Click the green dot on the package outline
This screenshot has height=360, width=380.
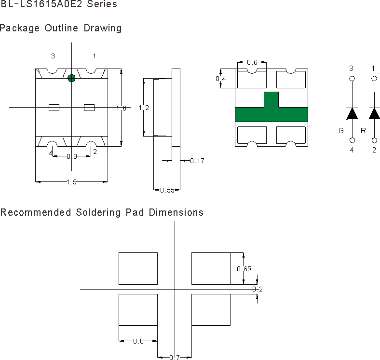71,78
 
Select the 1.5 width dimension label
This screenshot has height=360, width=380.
72,181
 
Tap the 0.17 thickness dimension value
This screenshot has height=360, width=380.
197,161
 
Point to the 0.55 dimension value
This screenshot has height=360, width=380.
166,190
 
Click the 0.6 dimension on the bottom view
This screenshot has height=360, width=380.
252,62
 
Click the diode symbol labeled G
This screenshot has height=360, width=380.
352,113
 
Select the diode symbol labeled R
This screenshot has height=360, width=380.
374,113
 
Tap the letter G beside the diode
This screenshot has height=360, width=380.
341,130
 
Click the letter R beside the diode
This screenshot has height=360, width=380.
363,130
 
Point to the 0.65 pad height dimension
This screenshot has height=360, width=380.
244,268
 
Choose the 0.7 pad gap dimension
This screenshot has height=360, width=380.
174,358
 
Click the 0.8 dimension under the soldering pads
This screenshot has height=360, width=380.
138,341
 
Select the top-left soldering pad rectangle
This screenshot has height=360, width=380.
138,268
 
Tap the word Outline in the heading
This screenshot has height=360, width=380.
62,28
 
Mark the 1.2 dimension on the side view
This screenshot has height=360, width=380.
144,108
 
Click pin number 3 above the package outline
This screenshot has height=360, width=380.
53,56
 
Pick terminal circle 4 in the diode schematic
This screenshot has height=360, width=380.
352,140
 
